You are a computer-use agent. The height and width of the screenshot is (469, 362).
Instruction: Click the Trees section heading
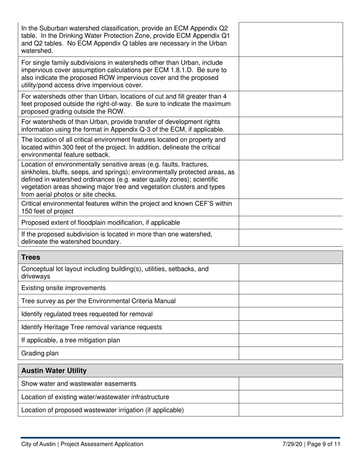click(31, 257)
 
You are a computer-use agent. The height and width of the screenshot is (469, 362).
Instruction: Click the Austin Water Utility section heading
click(54, 371)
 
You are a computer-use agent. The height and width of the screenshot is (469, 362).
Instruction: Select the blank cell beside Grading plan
click(291, 353)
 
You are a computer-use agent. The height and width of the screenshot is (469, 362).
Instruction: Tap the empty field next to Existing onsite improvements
click(291, 288)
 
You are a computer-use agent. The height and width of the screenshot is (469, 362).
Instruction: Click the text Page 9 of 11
click(325, 444)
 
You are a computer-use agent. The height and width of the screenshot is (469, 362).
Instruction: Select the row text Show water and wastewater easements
click(79, 384)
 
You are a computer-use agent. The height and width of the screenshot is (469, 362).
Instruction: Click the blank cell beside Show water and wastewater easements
click(291, 384)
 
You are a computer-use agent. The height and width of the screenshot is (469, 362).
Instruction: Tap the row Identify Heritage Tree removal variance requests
click(91, 327)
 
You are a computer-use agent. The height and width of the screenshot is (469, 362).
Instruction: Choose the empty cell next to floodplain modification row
click(291, 222)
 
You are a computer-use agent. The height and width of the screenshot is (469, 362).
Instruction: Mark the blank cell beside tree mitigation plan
click(291, 340)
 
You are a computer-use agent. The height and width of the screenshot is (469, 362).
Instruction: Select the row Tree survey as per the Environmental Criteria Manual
click(98, 301)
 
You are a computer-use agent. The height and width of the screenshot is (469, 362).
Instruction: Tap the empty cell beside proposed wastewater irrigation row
click(291, 410)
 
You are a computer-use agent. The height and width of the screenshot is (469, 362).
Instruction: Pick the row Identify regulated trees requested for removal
click(87, 314)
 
